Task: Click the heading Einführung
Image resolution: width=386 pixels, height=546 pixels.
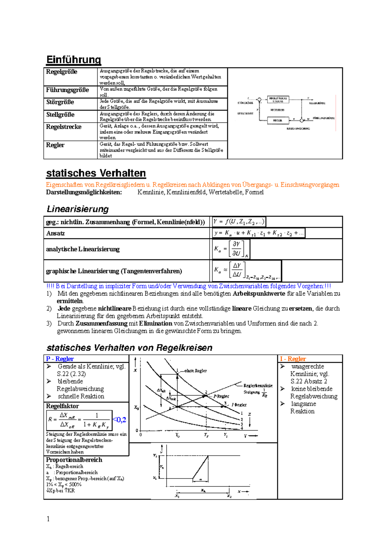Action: (x=74, y=60)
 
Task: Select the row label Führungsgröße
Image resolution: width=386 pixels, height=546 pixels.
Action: (x=67, y=90)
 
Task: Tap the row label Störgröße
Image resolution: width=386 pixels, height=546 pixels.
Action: (x=60, y=102)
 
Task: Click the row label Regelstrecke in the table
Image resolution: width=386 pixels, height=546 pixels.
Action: (x=64, y=127)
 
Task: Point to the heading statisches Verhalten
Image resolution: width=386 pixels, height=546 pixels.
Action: (x=96, y=173)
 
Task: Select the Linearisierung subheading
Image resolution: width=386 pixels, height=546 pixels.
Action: (x=78, y=209)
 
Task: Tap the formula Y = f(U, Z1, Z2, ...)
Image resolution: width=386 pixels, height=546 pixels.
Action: (x=239, y=222)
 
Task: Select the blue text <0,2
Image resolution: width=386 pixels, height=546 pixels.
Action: (x=119, y=420)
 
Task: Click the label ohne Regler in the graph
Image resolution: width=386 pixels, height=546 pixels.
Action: (x=195, y=371)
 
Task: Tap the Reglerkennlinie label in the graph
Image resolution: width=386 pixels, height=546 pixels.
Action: (x=258, y=386)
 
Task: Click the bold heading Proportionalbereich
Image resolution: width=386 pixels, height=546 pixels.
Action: (x=74, y=460)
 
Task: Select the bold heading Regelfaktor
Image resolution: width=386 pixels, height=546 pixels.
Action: (x=62, y=406)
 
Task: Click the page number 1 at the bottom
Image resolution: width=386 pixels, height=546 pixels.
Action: (x=48, y=519)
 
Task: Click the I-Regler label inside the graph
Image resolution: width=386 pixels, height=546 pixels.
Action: (x=239, y=405)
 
